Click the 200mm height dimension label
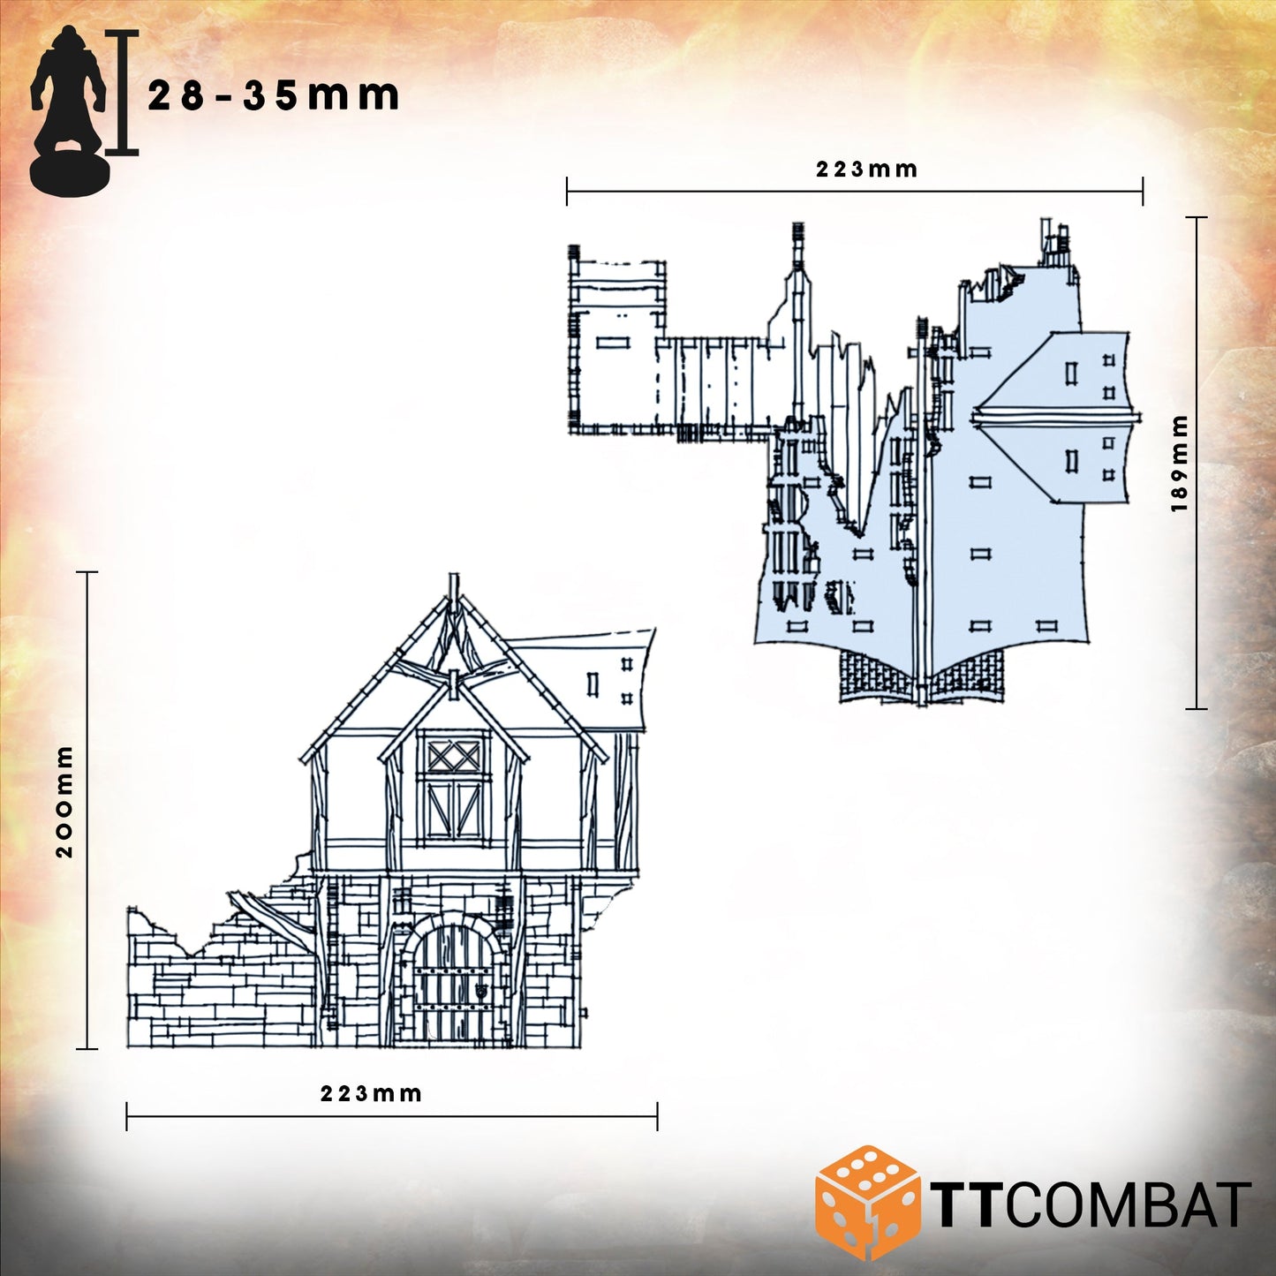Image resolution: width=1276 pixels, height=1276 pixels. [64, 802]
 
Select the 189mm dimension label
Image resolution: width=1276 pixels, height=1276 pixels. [1180, 464]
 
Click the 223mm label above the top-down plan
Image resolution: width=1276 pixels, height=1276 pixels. [866, 170]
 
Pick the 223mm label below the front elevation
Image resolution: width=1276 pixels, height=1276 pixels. [372, 1094]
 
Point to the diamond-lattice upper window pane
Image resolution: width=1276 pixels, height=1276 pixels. [454, 756]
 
